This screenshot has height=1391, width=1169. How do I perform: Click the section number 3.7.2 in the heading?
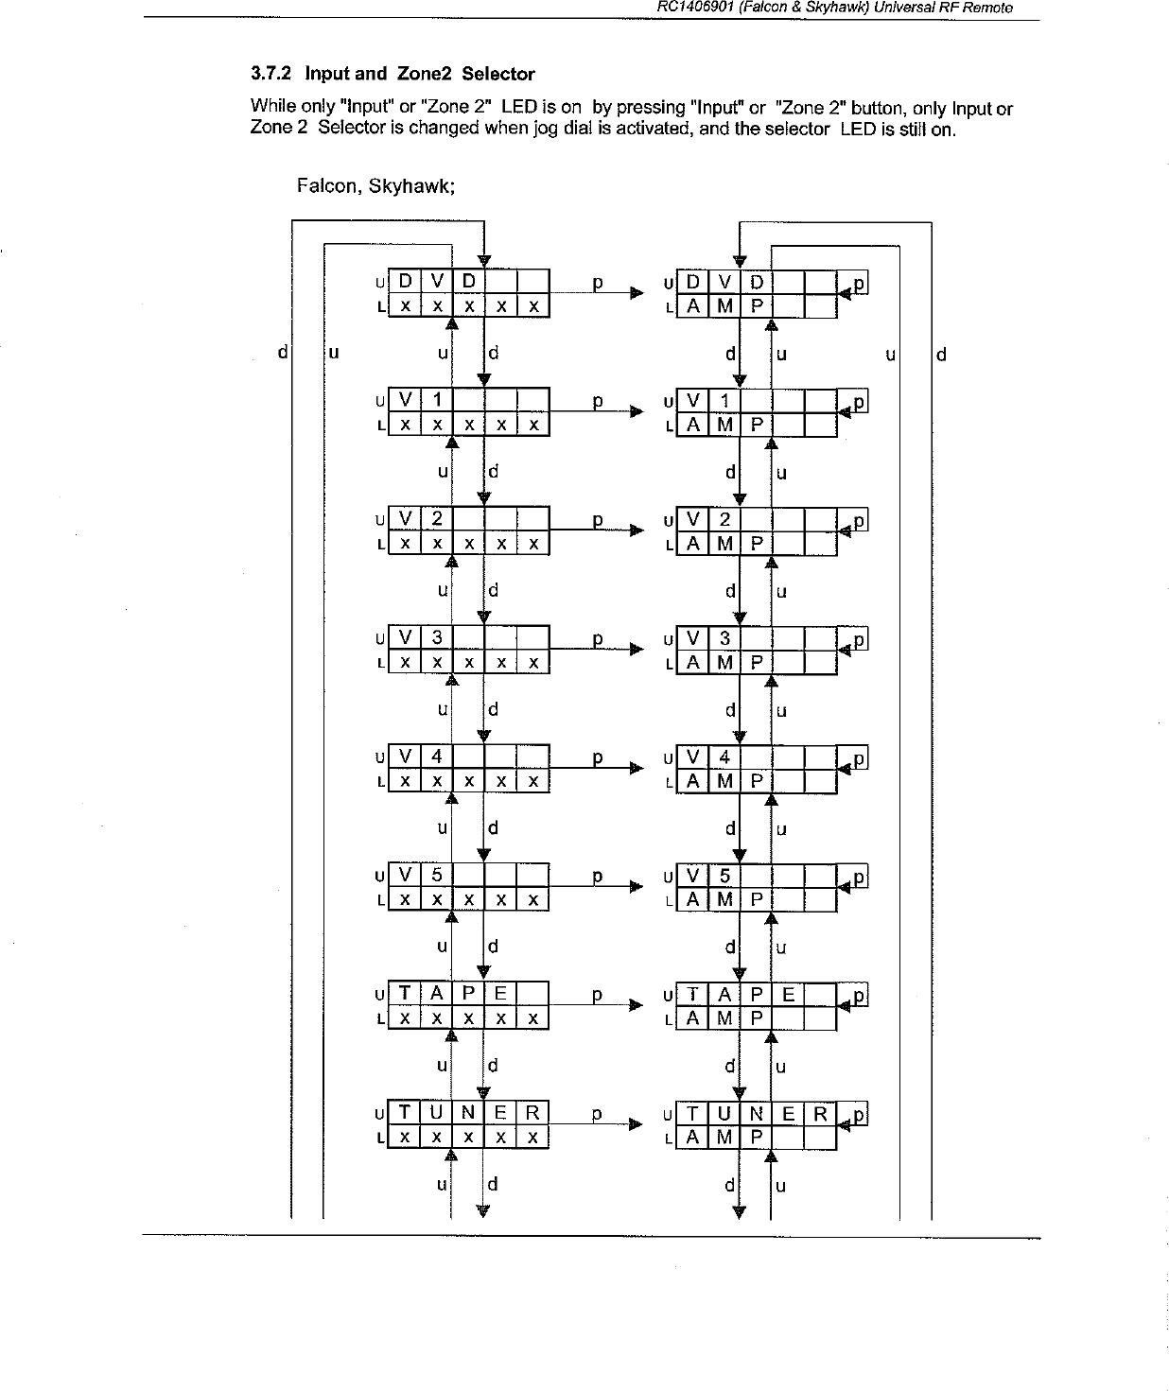[x=271, y=74]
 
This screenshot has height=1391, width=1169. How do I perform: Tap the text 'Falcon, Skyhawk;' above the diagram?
[x=376, y=186]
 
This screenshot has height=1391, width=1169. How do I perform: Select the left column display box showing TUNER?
[x=469, y=1124]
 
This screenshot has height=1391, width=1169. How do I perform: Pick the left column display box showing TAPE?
[x=469, y=1005]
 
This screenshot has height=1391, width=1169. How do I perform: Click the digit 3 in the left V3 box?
[x=437, y=638]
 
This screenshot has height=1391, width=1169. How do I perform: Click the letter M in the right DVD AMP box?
[x=724, y=306]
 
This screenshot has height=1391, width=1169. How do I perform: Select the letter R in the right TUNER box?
[x=820, y=1114]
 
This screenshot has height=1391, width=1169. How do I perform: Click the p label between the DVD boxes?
[x=597, y=283]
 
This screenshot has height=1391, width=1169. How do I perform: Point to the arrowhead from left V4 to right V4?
[x=637, y=769]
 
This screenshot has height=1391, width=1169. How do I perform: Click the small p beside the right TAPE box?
[x=859, y=996]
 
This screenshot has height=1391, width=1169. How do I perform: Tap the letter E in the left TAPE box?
[x=500, y=994]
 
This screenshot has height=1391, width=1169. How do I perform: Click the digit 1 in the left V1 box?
[x=437, y=400]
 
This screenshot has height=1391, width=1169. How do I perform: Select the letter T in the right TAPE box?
[x=693, y=995]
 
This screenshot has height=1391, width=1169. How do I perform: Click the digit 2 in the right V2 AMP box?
[x=724, y=519]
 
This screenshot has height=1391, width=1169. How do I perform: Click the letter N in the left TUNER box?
[x=468, y=1113]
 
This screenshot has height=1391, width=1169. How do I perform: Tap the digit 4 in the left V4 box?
[x=437, y=756]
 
